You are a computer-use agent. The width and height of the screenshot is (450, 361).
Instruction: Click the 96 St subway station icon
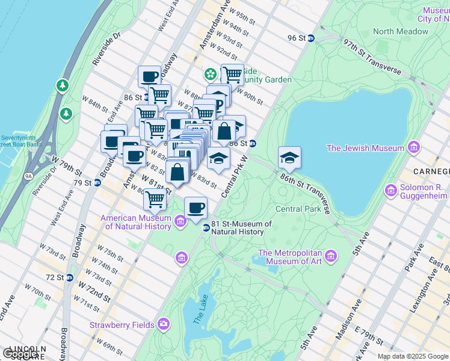(311, 38)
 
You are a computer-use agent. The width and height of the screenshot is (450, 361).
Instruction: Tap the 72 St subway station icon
(70, 277)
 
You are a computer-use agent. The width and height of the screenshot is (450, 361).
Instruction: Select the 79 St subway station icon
(97, 183)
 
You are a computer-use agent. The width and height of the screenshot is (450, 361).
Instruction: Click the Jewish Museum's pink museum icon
(413, 147)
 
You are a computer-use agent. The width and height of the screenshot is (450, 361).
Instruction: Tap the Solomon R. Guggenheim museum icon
(391, 190)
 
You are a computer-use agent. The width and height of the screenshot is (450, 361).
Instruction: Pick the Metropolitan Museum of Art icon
(330, 257)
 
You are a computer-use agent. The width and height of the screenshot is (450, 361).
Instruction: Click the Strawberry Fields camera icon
(164, 325)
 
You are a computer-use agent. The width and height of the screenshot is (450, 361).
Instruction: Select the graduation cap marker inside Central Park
(289, 158)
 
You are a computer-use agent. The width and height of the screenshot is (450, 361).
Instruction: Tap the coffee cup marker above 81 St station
(196, 208)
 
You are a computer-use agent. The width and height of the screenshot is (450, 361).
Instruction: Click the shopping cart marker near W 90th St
(232, 75)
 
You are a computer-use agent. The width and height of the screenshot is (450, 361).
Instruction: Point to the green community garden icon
(210, 75)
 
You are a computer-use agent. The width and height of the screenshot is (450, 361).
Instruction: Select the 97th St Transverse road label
(372, 57)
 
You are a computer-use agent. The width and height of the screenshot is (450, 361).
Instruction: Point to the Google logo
(20, 354)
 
